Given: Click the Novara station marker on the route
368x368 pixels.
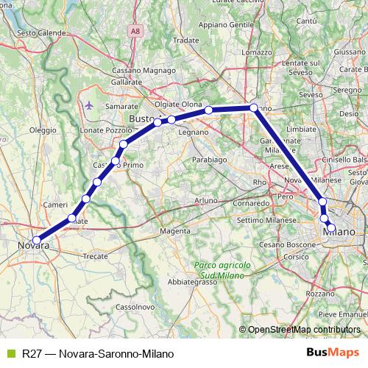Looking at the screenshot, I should (37, 239).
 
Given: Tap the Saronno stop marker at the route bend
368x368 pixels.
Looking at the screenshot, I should (254, 108).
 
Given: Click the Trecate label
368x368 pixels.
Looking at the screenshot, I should (96, 256).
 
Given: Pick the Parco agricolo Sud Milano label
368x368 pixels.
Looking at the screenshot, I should (224, 269).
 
